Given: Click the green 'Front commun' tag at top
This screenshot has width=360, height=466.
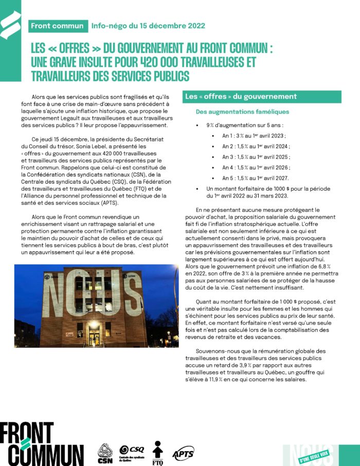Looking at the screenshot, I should [x=57, y=26].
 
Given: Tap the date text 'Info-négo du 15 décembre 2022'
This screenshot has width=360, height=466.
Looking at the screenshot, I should [x=148, y=26].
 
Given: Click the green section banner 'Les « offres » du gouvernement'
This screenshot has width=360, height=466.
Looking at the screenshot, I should [x=262, y=97].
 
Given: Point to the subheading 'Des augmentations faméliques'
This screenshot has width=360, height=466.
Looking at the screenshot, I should [x=242, y=112].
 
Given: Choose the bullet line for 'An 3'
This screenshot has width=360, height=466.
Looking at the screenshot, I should [x=256, y=157].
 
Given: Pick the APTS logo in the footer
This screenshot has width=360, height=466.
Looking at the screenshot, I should [x=183, y=453].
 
